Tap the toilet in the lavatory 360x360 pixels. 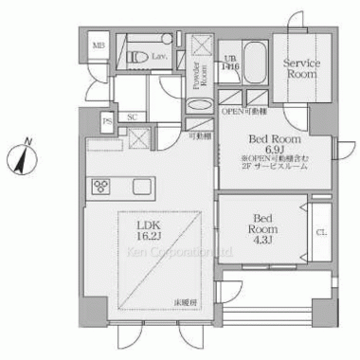tap(138, 57)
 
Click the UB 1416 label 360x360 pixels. tap(230, 61)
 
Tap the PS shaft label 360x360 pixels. tap(107, 119)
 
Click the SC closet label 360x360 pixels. tap(134, 117)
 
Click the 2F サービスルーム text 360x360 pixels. tap(275, 168)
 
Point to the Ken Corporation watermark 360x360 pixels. tap(179, 253)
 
